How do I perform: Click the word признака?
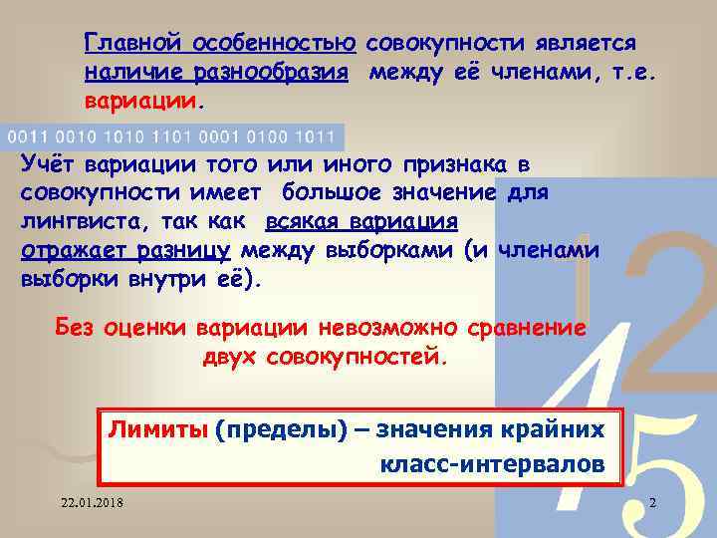tap(465, 163)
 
